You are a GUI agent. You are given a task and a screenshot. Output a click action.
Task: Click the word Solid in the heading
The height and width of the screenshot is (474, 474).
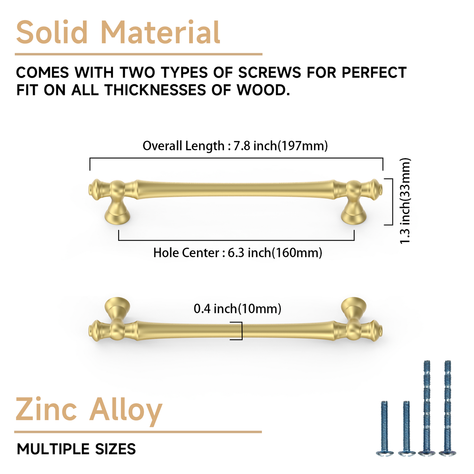(52, 32)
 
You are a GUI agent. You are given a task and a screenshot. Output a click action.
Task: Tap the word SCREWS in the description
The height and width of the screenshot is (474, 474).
(269, 72)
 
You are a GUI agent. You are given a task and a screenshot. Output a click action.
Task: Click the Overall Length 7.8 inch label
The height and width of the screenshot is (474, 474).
(235, 146)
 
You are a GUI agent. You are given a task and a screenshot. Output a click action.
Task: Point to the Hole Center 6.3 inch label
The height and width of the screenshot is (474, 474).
(237, 253)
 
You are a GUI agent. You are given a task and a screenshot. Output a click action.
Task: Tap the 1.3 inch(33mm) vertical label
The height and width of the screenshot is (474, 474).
(405, 201)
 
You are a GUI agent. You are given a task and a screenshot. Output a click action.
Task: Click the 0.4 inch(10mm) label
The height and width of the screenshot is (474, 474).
(237, 308)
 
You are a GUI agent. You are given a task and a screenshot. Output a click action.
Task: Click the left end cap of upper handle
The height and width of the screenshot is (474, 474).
(95, 190)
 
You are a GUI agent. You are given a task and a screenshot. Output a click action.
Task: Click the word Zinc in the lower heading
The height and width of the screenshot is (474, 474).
(46, 410)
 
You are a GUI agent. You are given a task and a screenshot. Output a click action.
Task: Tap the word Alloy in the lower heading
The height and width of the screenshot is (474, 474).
(126, 410)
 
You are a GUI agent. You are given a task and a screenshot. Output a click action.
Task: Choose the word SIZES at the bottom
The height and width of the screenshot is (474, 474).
(115, 449)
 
